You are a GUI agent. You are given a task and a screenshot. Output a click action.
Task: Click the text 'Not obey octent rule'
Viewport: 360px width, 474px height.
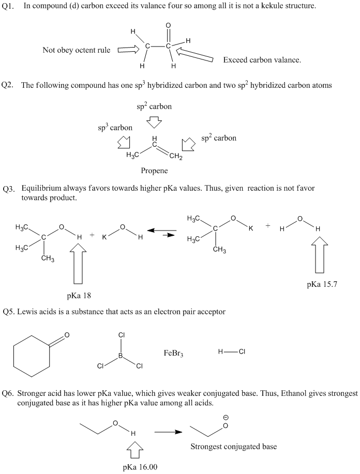coord(76,50)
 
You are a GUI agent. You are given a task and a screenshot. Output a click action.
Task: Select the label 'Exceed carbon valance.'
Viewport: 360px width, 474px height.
coord(262,60)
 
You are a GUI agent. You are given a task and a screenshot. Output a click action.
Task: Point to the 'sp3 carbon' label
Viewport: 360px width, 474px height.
coord(115,127)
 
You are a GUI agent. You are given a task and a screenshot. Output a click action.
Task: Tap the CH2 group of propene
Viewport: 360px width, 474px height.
coord(175,156)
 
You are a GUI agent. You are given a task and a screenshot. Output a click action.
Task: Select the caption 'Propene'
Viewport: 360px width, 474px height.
coord(154,170)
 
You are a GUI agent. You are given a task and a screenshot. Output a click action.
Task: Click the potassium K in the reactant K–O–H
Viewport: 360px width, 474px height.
coord(104,236)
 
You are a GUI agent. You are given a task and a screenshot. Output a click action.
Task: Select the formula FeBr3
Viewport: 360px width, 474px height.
coord(173,354)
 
